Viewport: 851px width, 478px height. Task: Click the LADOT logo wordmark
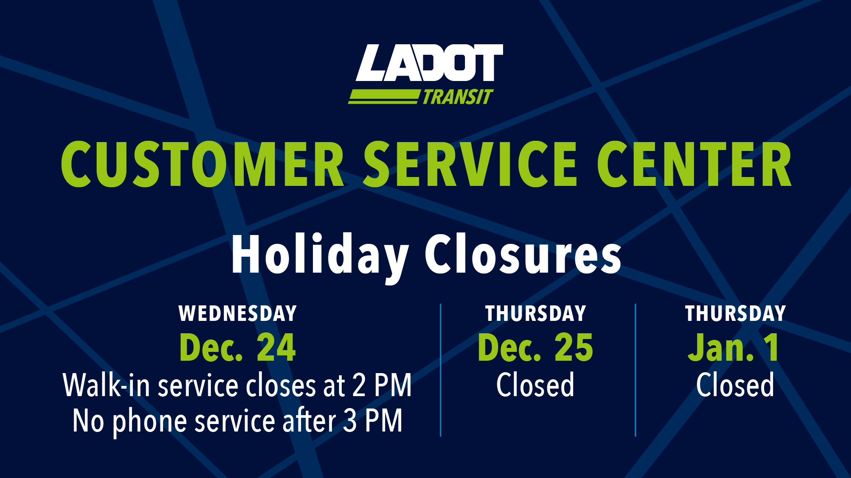pyautogui.click(x=429, y=63)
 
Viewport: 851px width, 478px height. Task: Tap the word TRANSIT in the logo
pyautogui.click(x=457, y=97)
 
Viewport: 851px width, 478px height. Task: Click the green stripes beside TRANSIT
pyautogui.click(x=383, y=96)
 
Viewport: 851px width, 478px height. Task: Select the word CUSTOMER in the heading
pyautogui.click(x=203, y=165)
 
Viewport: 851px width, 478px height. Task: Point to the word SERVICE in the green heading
pyautogui.click(x=470, y=165)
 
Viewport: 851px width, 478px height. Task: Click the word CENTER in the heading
pyautogui.click(x=694, y=165)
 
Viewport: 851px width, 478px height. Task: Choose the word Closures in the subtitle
pyautogui.click(x=523, y=255)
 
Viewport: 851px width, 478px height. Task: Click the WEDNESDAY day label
pyautogui.click(x=238, y=313)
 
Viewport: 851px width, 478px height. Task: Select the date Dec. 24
pyautogui.click(x=238, y=348)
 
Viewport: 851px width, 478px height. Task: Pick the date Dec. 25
pyautogui.click(x=535, y=348)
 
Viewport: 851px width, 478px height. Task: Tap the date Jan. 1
pyautogui.click(x=734, y=348)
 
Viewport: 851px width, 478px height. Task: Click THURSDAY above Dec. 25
pyautogui.click(x=535, y=313)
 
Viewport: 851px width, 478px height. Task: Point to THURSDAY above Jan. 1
pyautogui.click(x=735, y=313)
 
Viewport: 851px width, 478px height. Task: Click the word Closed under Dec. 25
pyautogui.click(x=535, y=385)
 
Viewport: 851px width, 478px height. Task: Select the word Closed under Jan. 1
pyautogui.click(x=735, y=385)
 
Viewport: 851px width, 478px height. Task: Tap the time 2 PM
pyautogui.click(x=382, y=385)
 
